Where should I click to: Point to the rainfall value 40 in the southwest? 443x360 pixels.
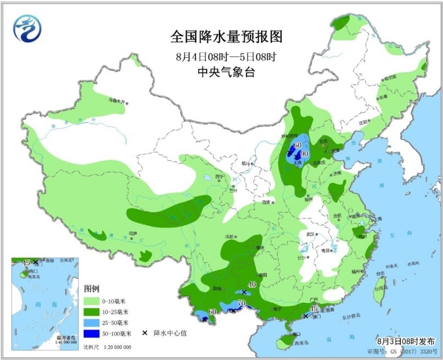tap(253, 285)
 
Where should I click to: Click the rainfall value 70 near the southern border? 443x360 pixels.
tap(241, 303)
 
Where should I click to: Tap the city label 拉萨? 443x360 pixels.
tap(132, 233)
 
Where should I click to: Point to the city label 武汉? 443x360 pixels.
tap(311, 234)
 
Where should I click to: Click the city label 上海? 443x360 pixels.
tap(372, 224)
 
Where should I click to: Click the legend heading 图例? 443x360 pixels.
tap(91, 289)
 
